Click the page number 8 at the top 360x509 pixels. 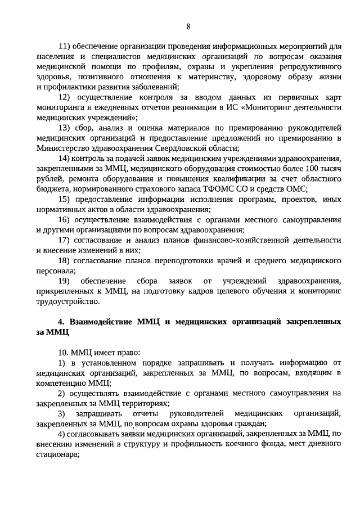pos(188,26)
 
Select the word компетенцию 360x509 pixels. pos(62,383)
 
